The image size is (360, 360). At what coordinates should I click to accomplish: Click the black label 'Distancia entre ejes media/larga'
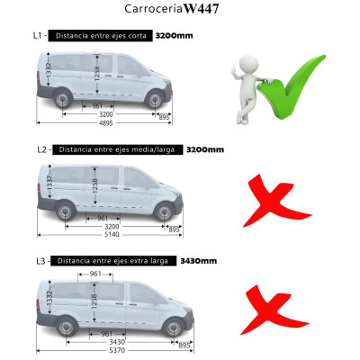click(x=117, y=148)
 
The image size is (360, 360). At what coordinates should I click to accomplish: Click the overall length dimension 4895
click(x=106, y=123)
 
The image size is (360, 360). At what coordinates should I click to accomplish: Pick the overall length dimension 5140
click(x=106, y=236)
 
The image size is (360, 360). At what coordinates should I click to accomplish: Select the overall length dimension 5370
click(x=106, y=351)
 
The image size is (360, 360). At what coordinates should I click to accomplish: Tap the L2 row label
click(x=38, y=148)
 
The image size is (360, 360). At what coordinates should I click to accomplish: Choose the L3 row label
click(x=38, y=261)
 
